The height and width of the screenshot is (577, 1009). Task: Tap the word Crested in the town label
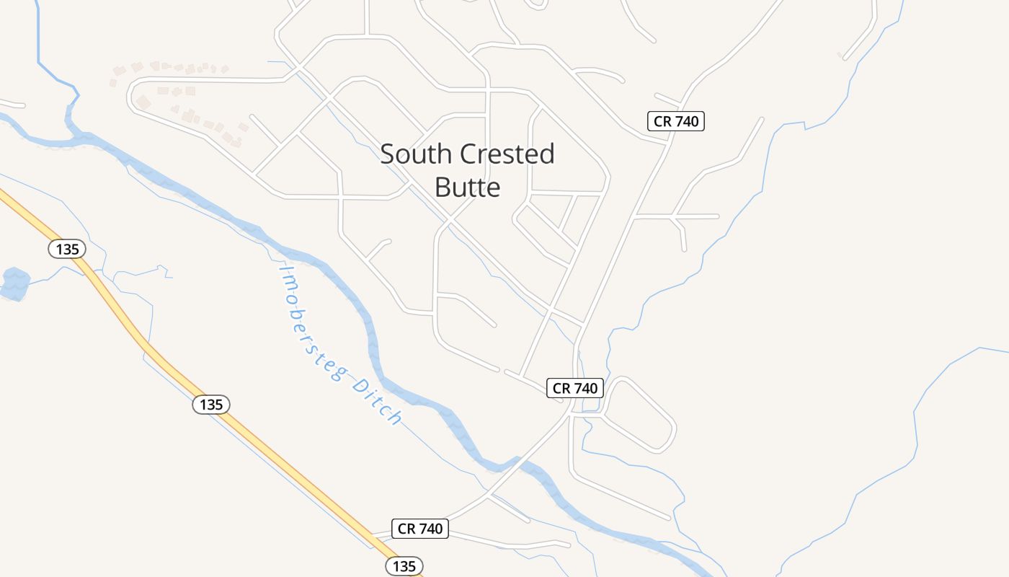(507, 154)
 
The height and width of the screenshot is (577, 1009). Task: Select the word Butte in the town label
(467, 188)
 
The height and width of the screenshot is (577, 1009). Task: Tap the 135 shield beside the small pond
(67, 250)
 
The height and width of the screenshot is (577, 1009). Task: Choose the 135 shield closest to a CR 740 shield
(404, 566)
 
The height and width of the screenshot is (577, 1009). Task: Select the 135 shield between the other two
(211, 405)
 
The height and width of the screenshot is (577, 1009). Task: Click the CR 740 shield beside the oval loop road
(574, 388)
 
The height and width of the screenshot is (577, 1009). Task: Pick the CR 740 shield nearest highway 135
(420, 529)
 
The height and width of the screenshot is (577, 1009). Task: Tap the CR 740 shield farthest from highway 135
(675, 121)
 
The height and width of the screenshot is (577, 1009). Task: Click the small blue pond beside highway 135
(15, 283)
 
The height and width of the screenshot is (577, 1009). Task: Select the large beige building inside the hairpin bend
(143, 103)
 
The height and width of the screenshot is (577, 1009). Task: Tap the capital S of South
(388, 154)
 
